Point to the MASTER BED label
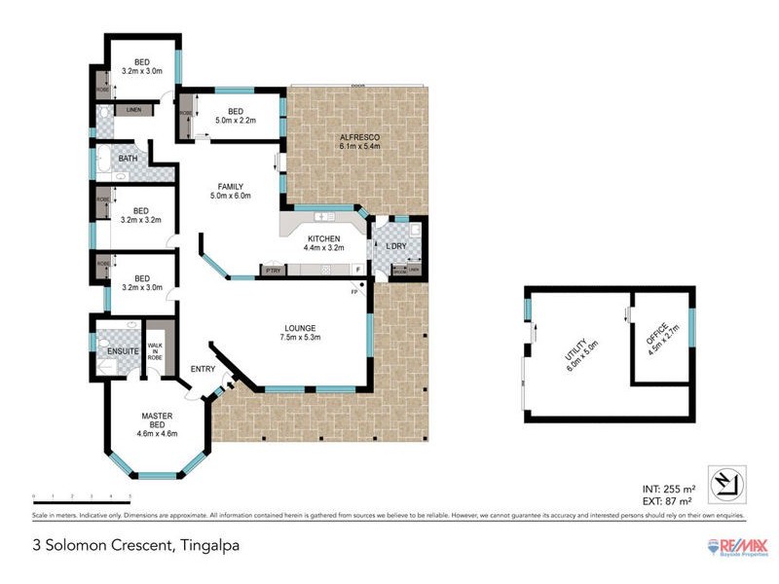pos(157,420)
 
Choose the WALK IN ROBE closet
pos(155,350)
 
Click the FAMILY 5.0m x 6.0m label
pos(231,191)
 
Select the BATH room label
pos(129,158)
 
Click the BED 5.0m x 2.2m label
pos(235,116)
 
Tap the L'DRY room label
pos(395,246)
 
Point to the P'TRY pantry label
pos(272,269)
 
